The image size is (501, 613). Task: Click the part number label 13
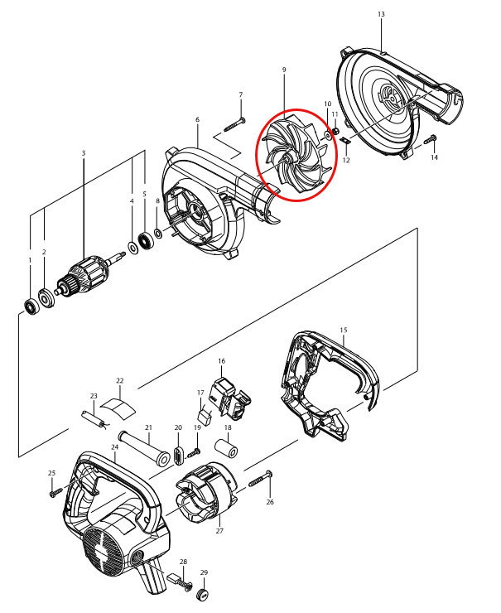[x=381, y=15]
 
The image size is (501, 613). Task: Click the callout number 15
[x=344, y=330]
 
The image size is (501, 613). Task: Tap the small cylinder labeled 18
[x=227, y=449]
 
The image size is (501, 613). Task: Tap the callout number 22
[x=119, y=381]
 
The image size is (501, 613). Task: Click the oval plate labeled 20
[x=178, y=455]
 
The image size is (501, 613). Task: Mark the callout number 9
[x=284, y=71]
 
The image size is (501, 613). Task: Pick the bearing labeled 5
[x=148, y=240]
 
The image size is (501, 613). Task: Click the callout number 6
[x=197, y=120]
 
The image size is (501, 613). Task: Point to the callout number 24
[x=114, y=447]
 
